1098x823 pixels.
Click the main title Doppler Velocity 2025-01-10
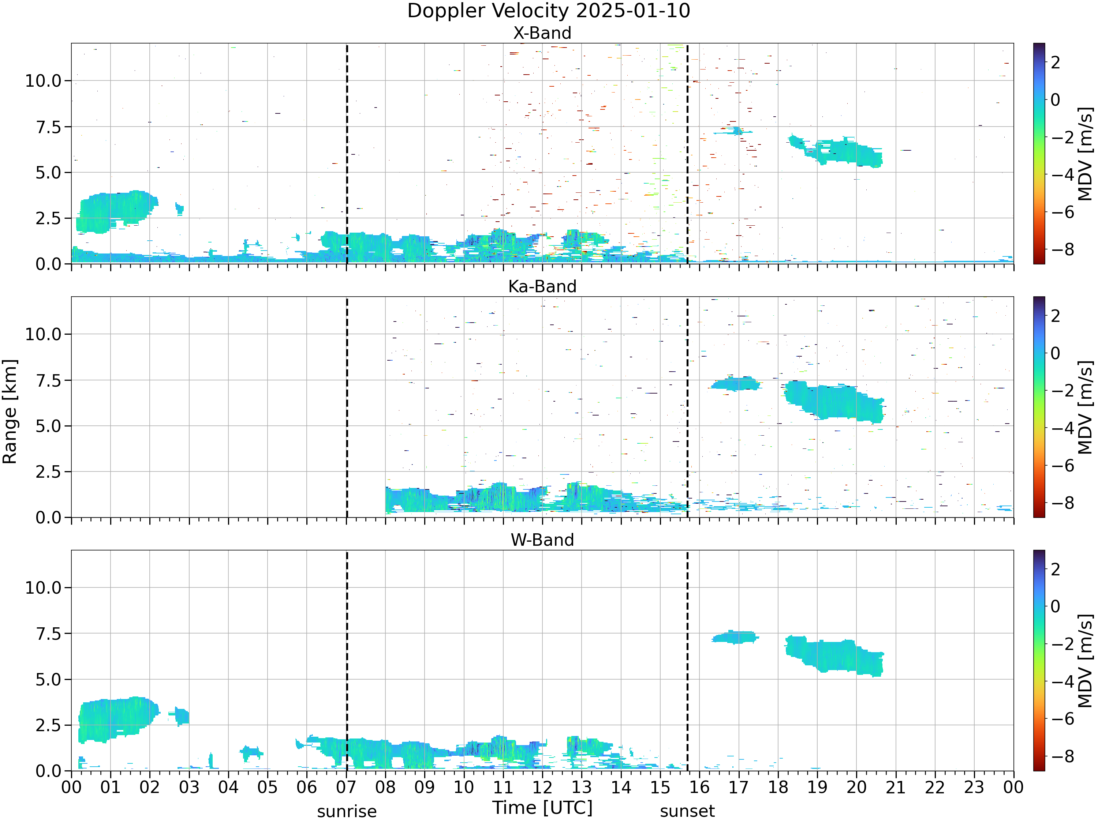click(549, 11)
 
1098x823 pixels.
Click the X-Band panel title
click(542, 33)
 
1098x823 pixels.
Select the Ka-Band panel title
click(542, 287)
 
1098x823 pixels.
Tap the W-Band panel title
click(542, 540)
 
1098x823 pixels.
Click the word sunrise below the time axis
click(347, 812)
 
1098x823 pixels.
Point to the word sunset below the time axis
click(687, 812)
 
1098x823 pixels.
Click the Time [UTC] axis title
click(542, 808)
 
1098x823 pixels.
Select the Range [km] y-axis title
click(10, 412)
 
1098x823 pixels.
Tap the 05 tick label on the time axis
click(268, 787)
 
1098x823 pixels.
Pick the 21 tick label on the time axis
click(896, 787)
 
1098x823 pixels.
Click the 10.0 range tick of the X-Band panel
click(43, 81)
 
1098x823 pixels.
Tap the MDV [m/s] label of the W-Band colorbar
click(1086, 660)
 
